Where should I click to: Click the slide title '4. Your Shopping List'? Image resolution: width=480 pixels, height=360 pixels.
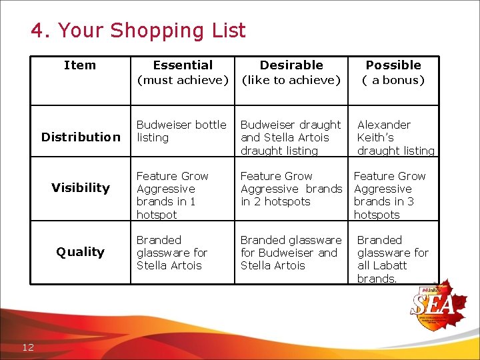click(138, 31)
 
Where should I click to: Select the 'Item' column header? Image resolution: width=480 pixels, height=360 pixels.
click(79, 65)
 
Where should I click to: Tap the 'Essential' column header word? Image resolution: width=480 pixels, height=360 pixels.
click(183, 65)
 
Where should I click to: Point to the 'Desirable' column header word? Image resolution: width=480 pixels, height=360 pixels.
click(291, 65)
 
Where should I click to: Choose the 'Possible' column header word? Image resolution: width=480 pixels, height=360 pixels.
click(393, 65)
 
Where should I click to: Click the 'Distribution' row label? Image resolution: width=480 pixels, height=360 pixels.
click(81, 137)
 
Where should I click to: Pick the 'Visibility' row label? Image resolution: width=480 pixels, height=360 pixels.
click(81, 188)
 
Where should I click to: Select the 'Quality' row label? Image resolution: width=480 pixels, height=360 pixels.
click(81, 252)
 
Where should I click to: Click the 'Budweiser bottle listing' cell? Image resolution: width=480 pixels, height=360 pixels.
click(181, 131)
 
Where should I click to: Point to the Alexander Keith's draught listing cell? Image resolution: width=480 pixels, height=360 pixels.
click(395, 138)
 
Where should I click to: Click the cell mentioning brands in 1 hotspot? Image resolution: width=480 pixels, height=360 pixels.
click(172, 195)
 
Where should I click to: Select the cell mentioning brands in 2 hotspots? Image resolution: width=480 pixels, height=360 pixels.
click(291, 189)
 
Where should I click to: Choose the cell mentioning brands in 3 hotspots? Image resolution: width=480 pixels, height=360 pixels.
click(389, 195)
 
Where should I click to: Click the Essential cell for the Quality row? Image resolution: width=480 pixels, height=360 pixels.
click(171, 253)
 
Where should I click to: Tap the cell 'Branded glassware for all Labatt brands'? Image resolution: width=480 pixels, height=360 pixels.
click(393, 259)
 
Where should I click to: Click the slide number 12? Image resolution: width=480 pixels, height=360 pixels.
click(28, 347)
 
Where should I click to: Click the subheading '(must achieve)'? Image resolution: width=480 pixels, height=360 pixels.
click(183, 81)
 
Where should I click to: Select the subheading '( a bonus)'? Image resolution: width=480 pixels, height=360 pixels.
click(393, 81)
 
